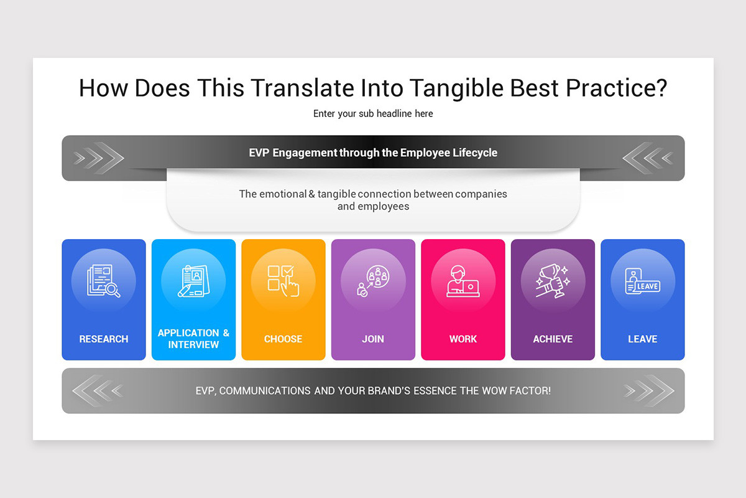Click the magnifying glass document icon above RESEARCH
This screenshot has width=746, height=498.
coord(104,281)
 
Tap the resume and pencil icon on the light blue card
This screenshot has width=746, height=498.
coord(193,281)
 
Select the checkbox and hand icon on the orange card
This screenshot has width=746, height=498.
coord(283,281)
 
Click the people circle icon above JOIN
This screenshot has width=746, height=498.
coord(373,281)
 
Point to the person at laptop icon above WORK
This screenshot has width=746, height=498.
coord(463,281)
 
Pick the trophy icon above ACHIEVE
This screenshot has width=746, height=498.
coord(553,281)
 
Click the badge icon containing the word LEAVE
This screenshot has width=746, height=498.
coord(642,281)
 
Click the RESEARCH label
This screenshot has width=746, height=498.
coord(104,339)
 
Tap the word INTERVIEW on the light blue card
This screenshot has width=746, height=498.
coord(193,345)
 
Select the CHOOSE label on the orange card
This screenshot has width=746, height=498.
coord(283,339)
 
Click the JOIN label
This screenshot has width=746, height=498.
coord(373,339)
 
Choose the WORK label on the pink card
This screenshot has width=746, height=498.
coord(463,339)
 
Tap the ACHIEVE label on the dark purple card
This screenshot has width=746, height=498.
coord(553,339)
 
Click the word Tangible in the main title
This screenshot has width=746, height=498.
coord(456,89)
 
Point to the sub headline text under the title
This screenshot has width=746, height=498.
coord(373,114)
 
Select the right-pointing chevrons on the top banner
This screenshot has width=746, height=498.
coord(99,158)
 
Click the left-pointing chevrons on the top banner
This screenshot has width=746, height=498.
coord(648,158)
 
